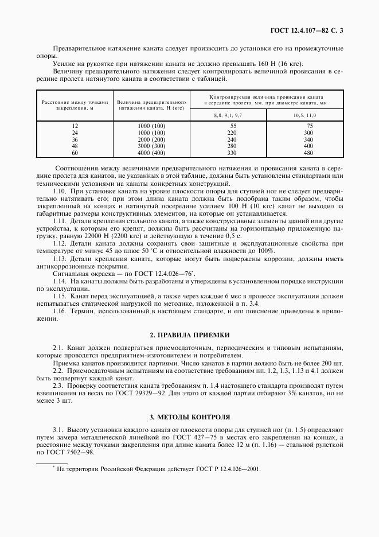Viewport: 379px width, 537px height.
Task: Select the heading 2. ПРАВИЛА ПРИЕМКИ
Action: pos(189,334)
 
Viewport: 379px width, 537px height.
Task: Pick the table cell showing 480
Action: pos(309,153)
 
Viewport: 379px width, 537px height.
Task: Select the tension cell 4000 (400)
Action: pos(151,153)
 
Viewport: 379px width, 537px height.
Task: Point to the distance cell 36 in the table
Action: pos(74,139)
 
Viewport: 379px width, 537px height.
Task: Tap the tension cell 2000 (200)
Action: pos(151,139)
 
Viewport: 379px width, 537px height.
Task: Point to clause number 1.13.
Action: pos(59,259)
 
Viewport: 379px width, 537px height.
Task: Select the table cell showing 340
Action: pos(309,139)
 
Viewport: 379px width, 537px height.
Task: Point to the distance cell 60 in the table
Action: pos(74,153)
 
